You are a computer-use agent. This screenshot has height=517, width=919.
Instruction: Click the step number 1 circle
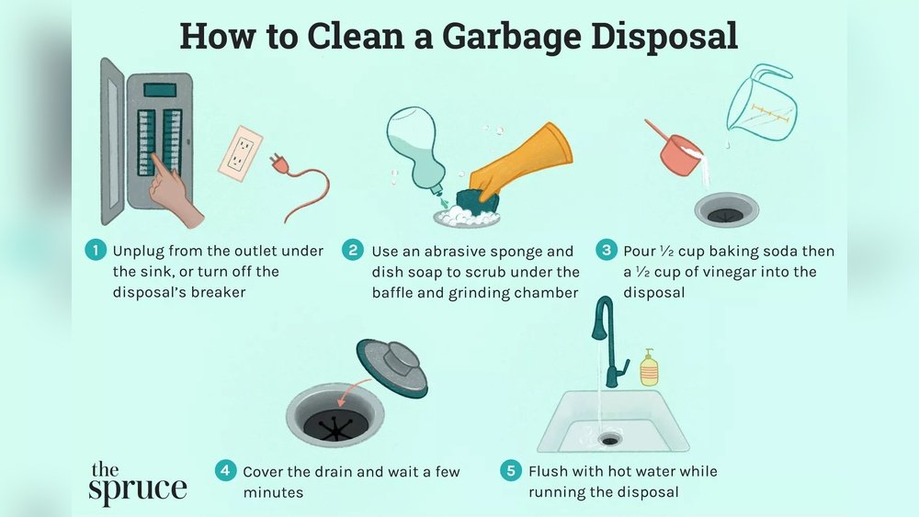pos(96,250)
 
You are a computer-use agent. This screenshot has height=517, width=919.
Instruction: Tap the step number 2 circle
pos(353,251)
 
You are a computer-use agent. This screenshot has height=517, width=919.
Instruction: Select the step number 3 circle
pos(607,250)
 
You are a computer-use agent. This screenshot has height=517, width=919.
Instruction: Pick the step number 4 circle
pos(226,470)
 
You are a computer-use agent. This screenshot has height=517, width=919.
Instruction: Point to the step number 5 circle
pos(511,470)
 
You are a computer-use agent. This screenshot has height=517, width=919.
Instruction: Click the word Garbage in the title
pos(511,37)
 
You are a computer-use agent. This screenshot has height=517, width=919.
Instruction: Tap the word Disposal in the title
pos(664,37)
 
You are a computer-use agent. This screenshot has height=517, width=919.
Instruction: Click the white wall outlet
pos(240,152)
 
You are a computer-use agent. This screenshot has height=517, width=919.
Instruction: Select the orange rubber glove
pos(521,159)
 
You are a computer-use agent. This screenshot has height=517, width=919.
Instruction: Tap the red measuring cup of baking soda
pos(676,150)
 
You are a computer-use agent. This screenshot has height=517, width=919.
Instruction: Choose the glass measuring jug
pos(761,103)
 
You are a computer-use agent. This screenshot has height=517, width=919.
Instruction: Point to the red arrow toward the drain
pos(354,388)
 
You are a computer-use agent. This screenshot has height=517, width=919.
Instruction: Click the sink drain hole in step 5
pos(609,439)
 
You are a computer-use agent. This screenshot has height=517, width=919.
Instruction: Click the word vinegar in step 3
pos(745,272)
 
